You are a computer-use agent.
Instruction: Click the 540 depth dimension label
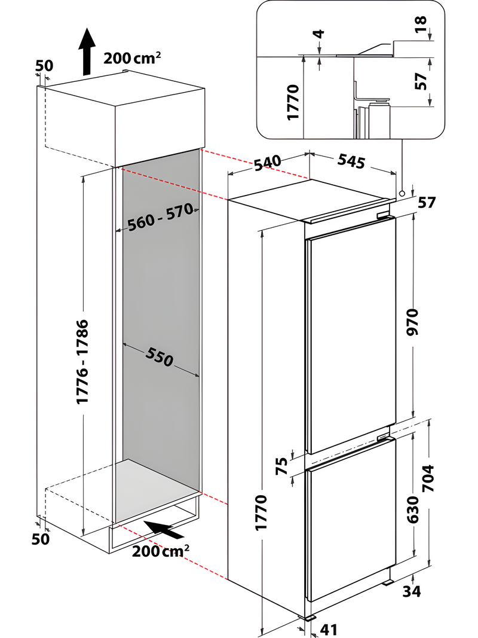coord(266,163)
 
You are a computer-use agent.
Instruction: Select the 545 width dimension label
coord(351,160)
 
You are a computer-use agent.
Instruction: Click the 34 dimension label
coord(412,591)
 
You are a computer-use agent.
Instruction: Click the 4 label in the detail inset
coord(319,33)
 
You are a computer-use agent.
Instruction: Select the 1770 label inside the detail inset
coord(293,103)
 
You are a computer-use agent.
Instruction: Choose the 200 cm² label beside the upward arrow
coord(133,58)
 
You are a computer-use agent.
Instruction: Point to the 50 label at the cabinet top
coord(44,66)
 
